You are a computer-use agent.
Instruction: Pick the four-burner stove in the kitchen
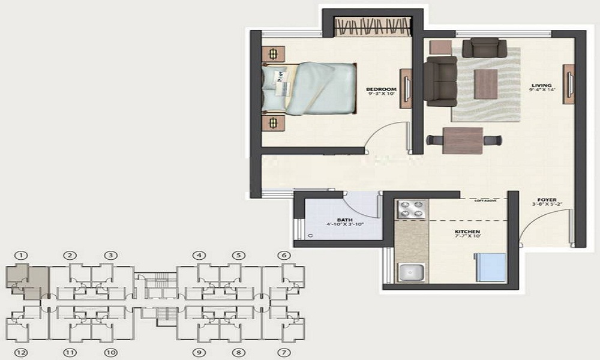[411, 210]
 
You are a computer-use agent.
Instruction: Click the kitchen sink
[411, 272]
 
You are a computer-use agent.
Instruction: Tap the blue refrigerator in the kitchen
[491, 267]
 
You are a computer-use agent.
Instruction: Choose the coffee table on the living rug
[485, 83]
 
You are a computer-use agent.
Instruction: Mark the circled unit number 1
[22, 256]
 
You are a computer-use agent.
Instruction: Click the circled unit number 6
[284, 256]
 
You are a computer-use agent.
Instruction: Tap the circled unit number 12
[22, 352]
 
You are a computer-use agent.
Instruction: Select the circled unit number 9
[199, 352]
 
